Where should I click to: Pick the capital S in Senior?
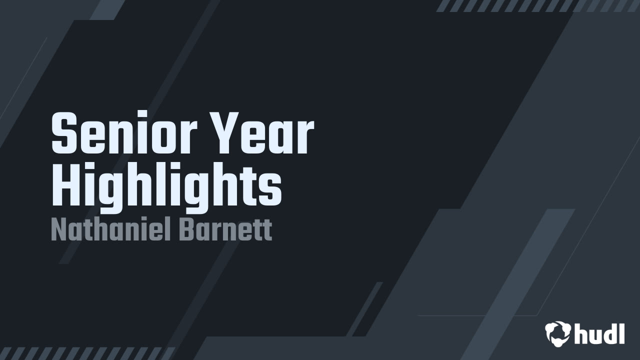click(62, 134)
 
